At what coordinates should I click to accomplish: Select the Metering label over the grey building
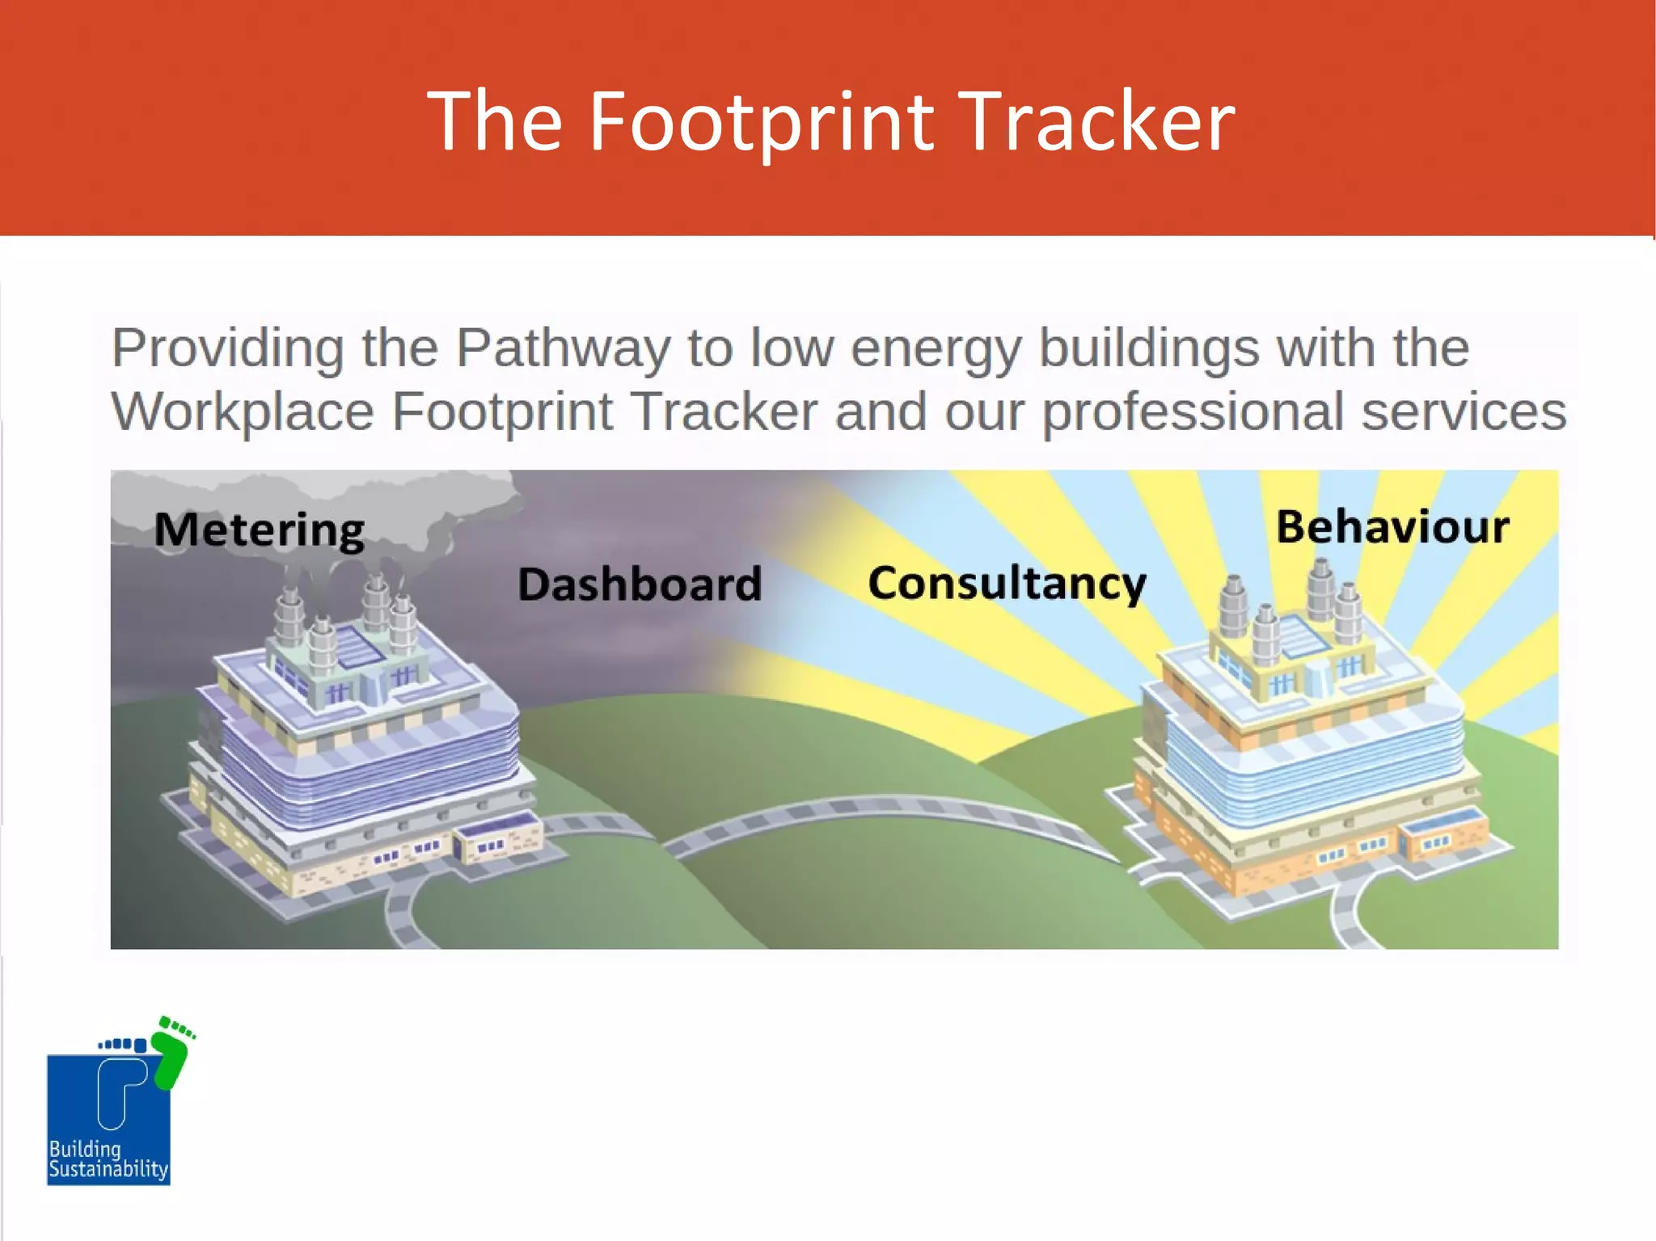click(260, 530)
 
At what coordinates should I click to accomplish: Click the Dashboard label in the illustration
click(640, 584)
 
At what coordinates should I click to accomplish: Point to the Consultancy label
click(1007, 584)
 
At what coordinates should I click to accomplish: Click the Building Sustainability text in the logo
click(108, 1159)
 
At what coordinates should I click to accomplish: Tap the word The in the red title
click(494, 122)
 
